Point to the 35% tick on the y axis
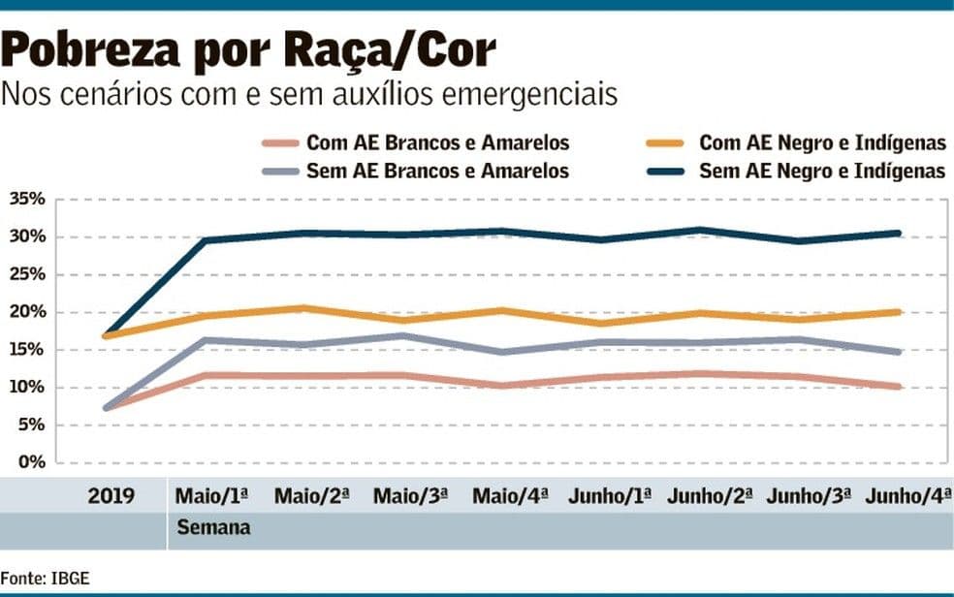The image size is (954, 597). pos(27,200)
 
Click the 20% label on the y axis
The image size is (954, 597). pos(27,312)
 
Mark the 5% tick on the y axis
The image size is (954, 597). pos(31,425)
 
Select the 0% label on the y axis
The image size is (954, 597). pos(31,462)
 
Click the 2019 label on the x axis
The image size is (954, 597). pos(111,496)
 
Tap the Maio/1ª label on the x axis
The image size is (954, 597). pos(211,496)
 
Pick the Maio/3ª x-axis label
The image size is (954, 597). pos(410,496)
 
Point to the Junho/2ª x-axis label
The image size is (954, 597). pos(710,496)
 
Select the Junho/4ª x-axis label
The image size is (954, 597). pos(907,496)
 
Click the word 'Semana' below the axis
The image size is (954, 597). pos(212,528)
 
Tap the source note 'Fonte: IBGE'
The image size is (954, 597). pos(45,579)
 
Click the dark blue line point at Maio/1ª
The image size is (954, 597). pos(205,240)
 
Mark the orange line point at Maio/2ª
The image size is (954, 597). pos(303,308)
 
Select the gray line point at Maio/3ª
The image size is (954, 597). pos(403,336)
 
